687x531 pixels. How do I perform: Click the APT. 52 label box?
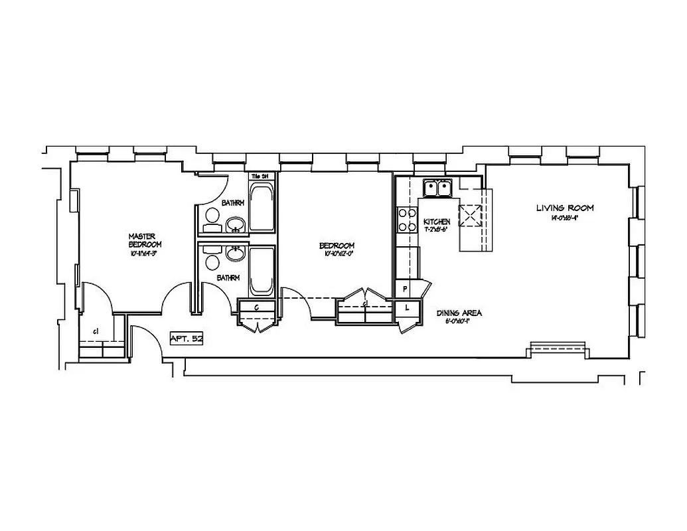pyautogui.click(x=187, y=339)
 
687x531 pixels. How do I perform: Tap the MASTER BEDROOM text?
pyautogui.click(x=145, y=240)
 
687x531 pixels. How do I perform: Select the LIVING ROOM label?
pyautogui.click(x=565, y=208)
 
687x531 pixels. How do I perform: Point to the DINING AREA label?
pyautogui.click(x=459, y=313)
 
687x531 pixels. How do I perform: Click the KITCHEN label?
pyautogui.click(x=437, y=222)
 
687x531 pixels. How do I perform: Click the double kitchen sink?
pyautogui.click(x=437, y=188)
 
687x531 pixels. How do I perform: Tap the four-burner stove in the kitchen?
pyautogui.click(x=404, y=220)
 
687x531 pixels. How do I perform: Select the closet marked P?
pyautogui.click(x=405, y=289)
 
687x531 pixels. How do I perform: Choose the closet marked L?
pyautogui.click(x=408, y=308)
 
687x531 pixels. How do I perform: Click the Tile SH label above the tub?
pyautogui.click(x=261, y=176)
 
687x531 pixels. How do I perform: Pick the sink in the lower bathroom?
pyautogui.click(x=234, y=253)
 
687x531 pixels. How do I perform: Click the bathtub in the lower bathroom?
pyautogui.click(x=262, y=271)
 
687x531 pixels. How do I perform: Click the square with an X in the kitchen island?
pyautogui.click(x=472, y=214)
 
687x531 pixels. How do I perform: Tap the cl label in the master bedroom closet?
pyautogui.click(x=96, y=331)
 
